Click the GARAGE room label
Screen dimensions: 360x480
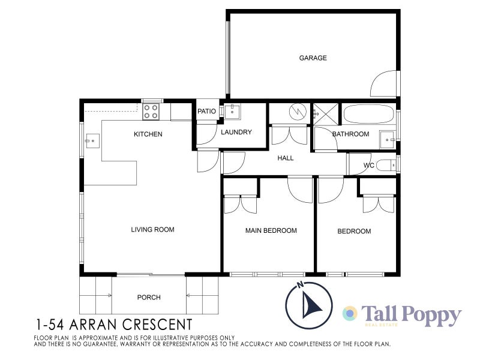pyautogui.click(x=313, y=58)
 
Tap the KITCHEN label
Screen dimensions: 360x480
pyautogui.click(x=148, y=134)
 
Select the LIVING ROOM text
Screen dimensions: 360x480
pyautogui.click(x=153, y=229)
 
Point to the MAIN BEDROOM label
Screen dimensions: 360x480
pyautogui.click(x=271, y=230)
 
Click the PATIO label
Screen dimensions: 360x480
pyautogui.click(x=206, y=111)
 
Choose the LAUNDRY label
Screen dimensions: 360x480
pyautogui.click(x=236, y=133)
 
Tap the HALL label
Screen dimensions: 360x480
pyautogui.click(x=286, y=158)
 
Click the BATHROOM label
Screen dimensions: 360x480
pyautogui.click(x=350, y=134)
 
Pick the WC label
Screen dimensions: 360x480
pyautogui.click(x=369, y=166)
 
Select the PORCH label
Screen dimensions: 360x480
pyautogui.click(x=149, y=297)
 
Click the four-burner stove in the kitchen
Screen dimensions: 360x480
pyautogui.click(x=151, y=111)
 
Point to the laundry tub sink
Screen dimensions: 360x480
pyautogui.click(x=232, y=110)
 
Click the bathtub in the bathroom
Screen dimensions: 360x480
pyautogui.click(x=368, y=114)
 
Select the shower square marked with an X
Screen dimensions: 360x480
pyautogui.click(x=325, y=113)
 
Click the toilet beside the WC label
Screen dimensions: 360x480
pyautogui.click(x=389, y=164)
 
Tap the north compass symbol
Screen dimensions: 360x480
pyautogui.click(x=308, y=302)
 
